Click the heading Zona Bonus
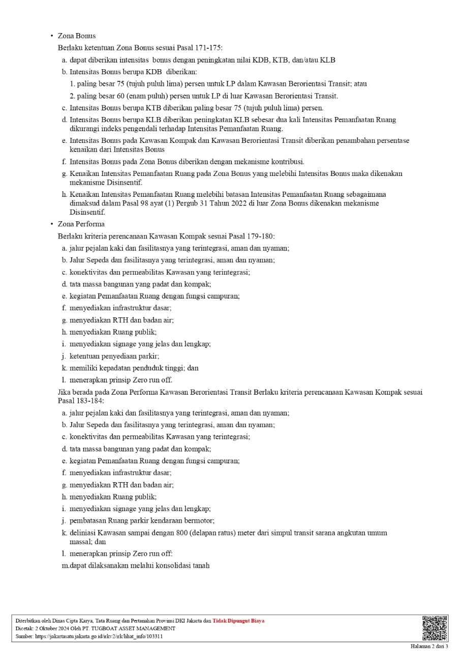[77, 36]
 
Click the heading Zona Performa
[81, 224]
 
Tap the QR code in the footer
[435, 628]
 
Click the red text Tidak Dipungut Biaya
[238, 620]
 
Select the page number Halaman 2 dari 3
[429, 646]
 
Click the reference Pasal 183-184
[81, 401]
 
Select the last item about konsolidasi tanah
[136, 566]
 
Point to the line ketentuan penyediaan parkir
[114, 356]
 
